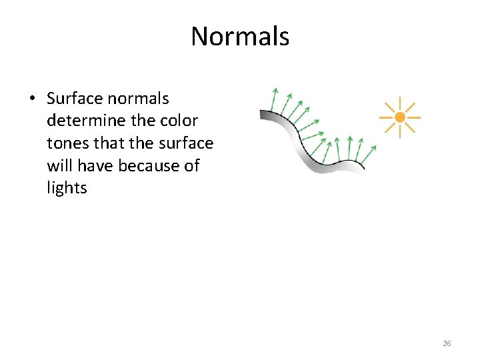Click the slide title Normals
coord(240,36)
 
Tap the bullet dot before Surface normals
coord(32,99)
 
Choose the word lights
coord(67,188)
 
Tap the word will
coord(59,165)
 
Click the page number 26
coord(447,343)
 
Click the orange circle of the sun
coord(399,117)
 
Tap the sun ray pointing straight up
coord(399,103)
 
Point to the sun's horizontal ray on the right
coord(414,117)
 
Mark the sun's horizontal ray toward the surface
coord(385,117)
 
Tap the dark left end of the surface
coord(265,115)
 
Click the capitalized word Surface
coord(74,99)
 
